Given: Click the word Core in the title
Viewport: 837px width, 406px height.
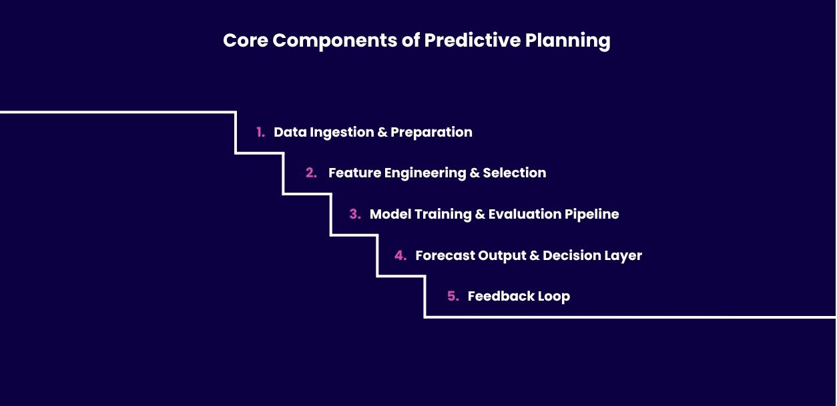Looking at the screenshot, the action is pyautogui.click(x=246, y=40).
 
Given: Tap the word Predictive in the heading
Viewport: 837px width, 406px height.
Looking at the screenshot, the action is pyautogui.click(x=473, y=40).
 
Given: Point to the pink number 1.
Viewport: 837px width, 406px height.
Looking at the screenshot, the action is pyautogui.click(x=260, y=132).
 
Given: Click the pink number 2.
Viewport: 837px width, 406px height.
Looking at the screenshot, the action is pyautogui.click(x=311, y=173).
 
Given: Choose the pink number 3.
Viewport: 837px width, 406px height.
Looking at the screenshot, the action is pyautogui.click(x=355, y=214).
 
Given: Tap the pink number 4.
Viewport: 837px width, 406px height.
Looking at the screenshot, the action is pyautogui.click(x=400, y=255).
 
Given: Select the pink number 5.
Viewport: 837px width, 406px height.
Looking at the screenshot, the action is pyautogui.click(x=453, y=296).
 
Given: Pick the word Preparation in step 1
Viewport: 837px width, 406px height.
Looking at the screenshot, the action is pyautogui.click(x=431, y=133).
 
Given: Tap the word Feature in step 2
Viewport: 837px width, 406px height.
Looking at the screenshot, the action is pyautogui.click(x=354, y=173).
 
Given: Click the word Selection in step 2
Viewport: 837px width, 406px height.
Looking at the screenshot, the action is pyautogui.click(x=514, y=173).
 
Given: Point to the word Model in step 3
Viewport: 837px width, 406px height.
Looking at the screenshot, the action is pyautogui.click(x=390, y=214).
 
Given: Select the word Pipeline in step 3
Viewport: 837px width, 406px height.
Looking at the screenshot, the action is pyautogui.click(x=591, y=215).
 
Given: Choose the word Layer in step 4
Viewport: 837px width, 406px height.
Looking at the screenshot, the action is pyautogui.click(x=623, y=256).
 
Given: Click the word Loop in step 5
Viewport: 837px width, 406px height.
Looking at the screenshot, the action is pyautogui.click(x=554, y=297).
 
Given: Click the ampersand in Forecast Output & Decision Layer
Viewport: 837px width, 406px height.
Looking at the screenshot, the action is pyautogui.click(x=535, y=255).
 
